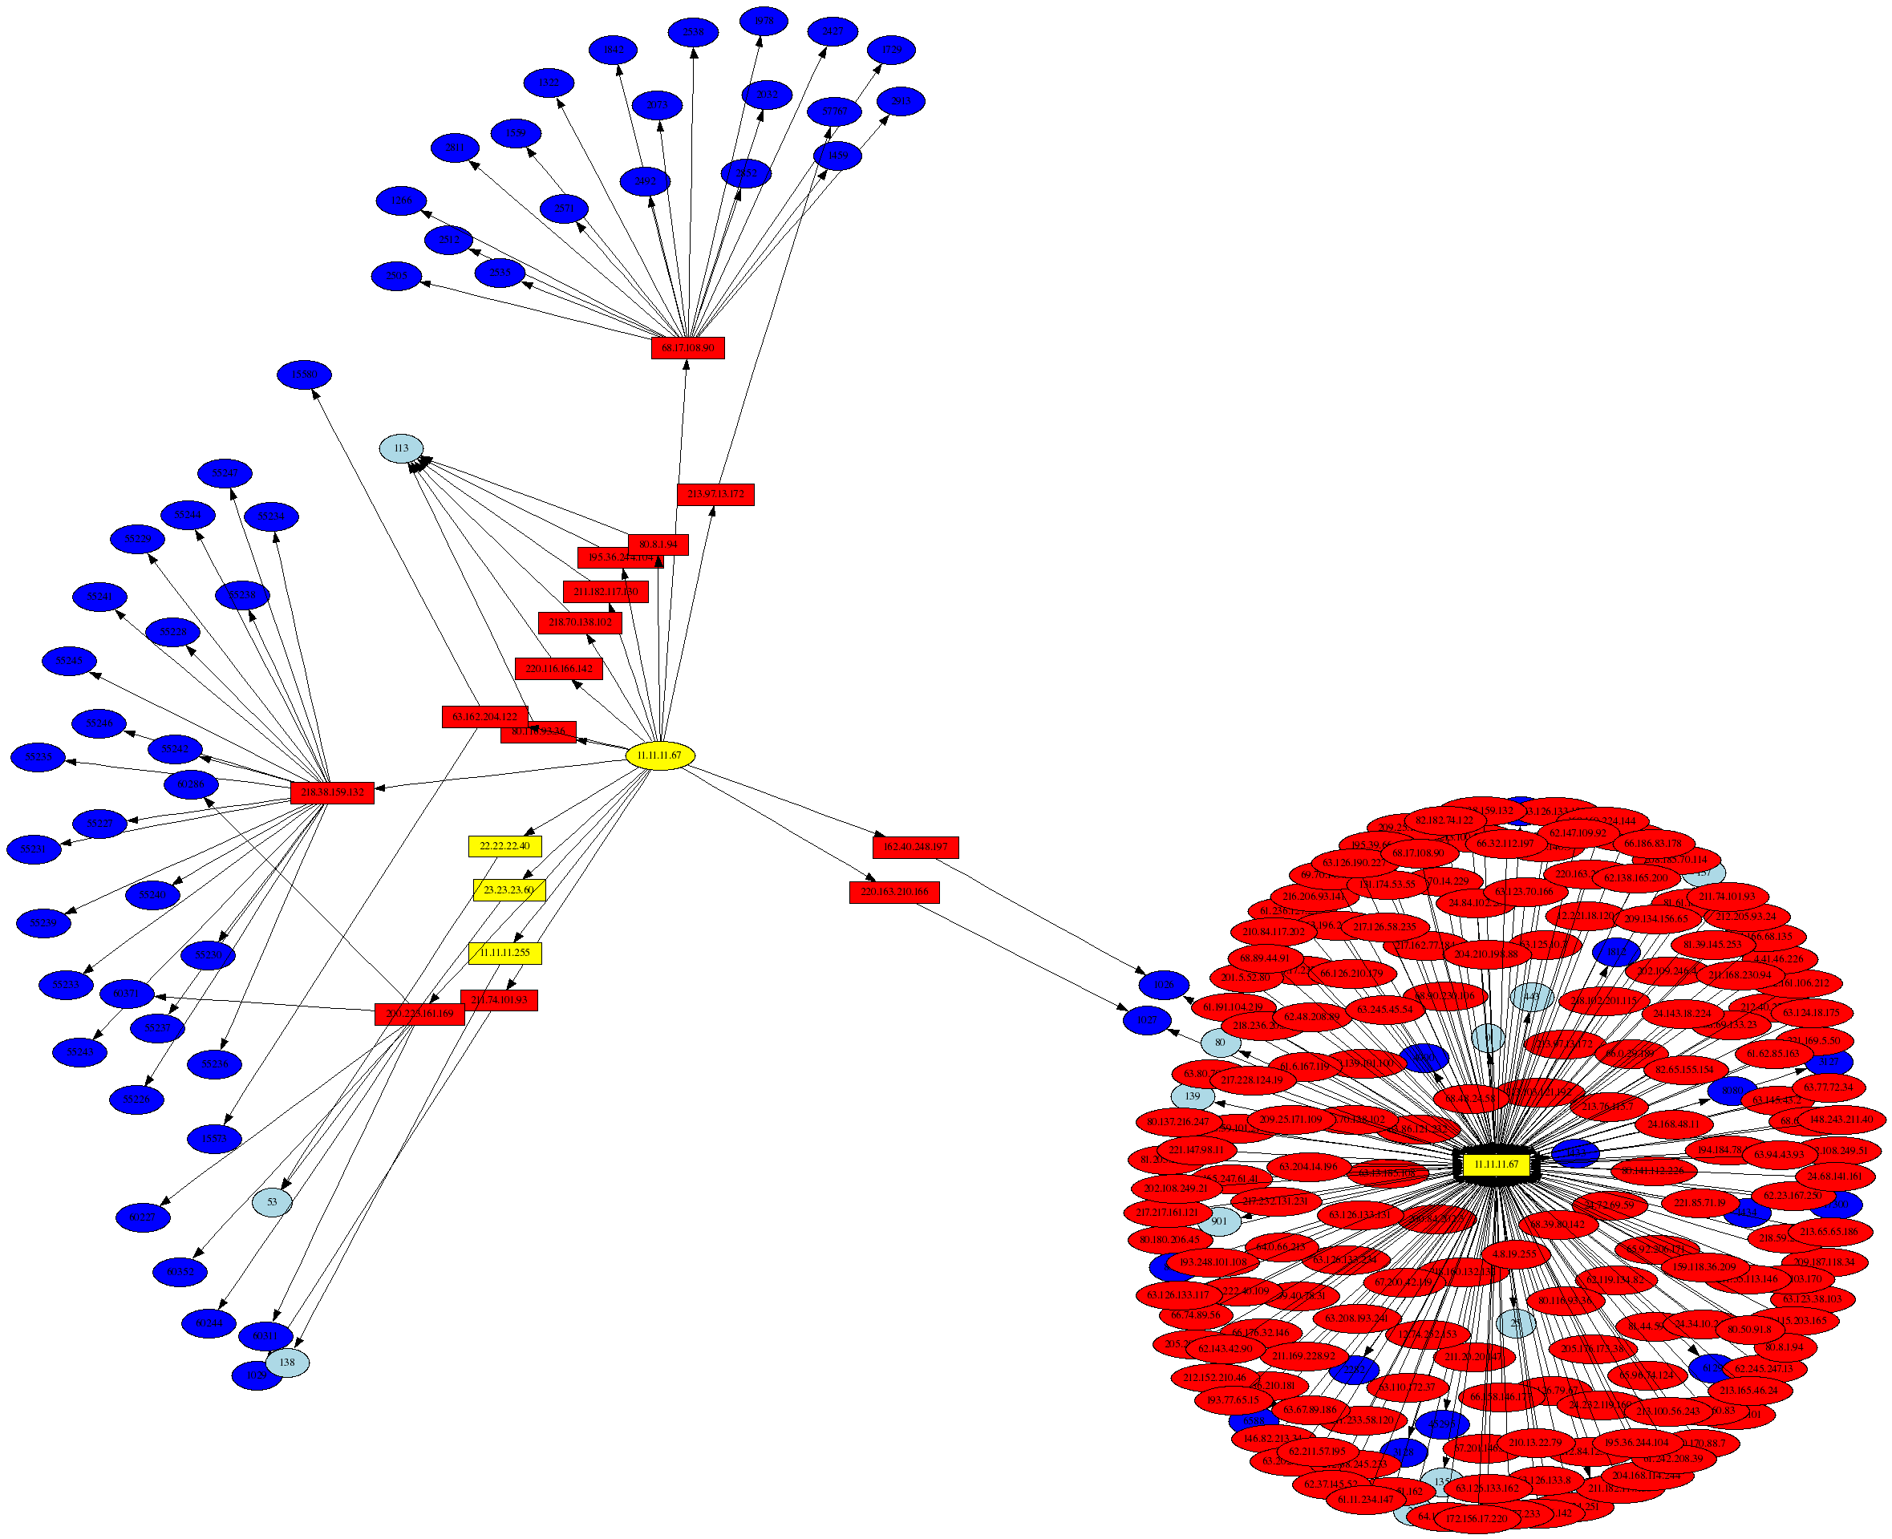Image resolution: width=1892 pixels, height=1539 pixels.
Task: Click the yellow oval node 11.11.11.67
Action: coord(659,755)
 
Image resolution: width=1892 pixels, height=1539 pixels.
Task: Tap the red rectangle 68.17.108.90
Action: coord(687,347)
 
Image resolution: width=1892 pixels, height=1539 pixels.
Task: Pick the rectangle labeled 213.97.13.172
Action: coord(715,494)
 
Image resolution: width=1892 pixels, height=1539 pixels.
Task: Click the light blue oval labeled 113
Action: coord(401,448)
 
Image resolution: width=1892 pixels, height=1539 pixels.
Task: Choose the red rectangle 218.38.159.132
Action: coord(331,792)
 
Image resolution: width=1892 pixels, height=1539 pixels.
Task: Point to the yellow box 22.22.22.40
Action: coord(504,846)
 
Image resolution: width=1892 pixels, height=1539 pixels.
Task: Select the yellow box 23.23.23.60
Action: coord(509,889)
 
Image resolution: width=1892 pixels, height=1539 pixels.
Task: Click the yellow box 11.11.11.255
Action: coord(504,953)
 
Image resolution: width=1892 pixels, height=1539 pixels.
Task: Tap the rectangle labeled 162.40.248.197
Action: coord(915,847)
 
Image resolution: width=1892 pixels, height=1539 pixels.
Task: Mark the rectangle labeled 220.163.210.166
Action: coord(893,891)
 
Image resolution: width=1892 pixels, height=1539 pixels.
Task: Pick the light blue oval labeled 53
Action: coord(272,1202)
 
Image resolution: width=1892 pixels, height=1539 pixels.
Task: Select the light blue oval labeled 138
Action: coord(287,1362)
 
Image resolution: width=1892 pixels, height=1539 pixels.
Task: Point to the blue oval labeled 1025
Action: coord(1163,984)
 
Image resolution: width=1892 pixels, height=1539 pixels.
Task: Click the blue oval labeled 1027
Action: coord(1147,1020)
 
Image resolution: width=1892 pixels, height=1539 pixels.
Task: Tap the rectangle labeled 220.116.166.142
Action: coord(558,668)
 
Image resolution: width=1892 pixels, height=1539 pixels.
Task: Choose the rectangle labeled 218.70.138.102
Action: coord(580,622)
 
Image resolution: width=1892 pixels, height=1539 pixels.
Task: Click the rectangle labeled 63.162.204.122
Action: coord(484,716)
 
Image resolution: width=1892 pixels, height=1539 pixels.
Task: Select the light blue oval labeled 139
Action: coord(1193,1096)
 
